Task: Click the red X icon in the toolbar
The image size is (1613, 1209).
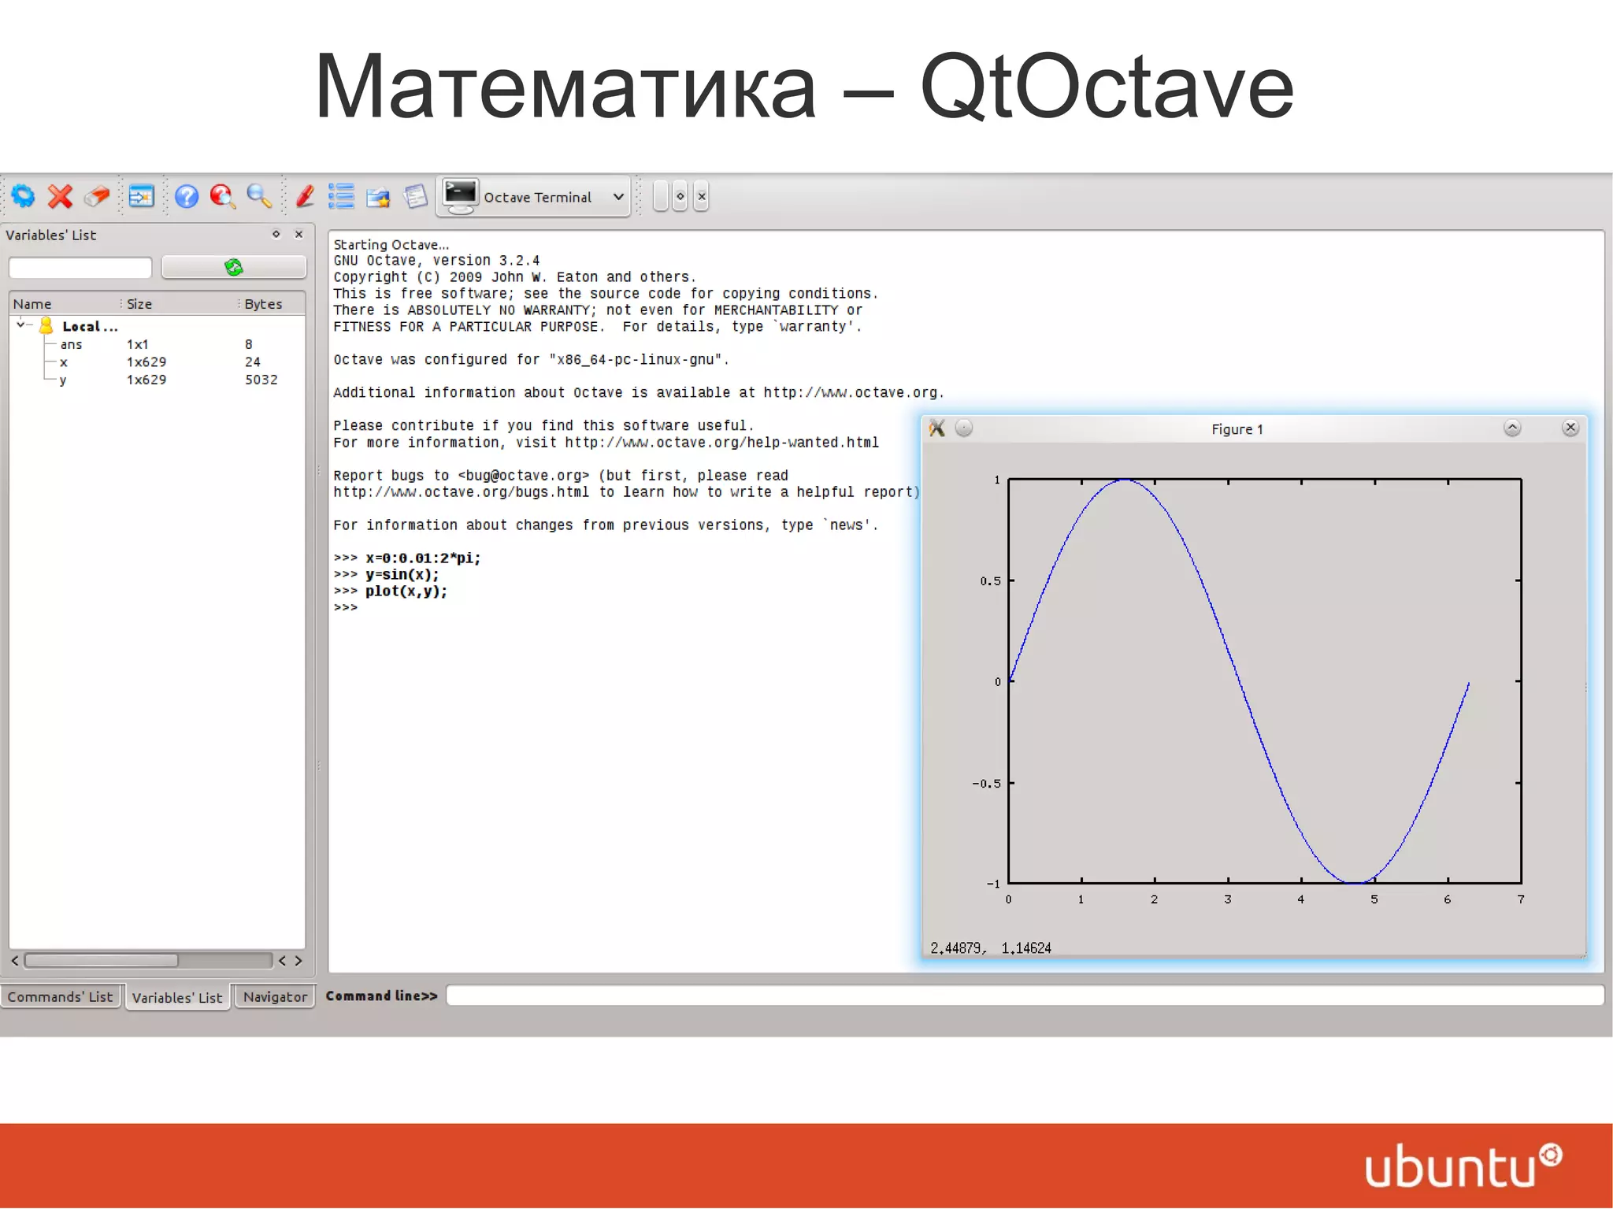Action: tap(60, 196)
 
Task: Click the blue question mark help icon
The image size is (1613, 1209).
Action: tap(187, 196)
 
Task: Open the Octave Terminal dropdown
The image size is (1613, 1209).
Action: tap(618, 197)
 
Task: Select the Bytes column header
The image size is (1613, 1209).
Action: tap(263, 304)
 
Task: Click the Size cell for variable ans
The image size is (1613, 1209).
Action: tap(138, 344)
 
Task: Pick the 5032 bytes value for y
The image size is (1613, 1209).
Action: tap(261, 380)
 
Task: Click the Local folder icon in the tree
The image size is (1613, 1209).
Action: tap(46, 325)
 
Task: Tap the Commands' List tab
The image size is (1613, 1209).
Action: tap(61, 996)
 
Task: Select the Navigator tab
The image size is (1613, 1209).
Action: tap(275, 996)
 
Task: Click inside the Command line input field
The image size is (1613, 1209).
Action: tap(1024, 996)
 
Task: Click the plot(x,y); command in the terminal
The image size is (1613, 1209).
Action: tap(406, 592)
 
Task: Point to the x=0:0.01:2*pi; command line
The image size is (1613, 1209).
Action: tap(423, 558)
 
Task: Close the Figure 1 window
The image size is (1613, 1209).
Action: tap(1570, 428)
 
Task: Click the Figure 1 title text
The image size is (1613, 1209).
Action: tap(1237, 429)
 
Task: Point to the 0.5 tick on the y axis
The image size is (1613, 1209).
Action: tap(990, 581)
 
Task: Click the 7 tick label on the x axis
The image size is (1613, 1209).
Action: tap(1520, 899)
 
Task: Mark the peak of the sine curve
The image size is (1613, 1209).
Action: tap(1124, 480)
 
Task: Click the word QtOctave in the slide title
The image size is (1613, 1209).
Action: tap(1107, 87)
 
